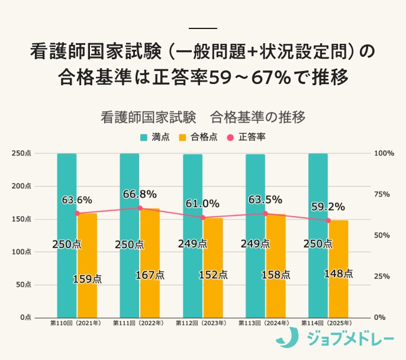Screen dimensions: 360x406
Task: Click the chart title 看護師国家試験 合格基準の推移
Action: click(202, 117)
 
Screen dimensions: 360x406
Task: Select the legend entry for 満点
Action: click(155, 137)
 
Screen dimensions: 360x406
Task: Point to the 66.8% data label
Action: click(140, 194)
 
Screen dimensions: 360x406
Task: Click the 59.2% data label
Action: click(328, 207)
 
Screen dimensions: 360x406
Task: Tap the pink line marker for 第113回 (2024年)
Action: click(265, 214)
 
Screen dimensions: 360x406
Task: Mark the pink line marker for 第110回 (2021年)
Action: click(77, 214)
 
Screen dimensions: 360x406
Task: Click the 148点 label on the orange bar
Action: click(339, 274)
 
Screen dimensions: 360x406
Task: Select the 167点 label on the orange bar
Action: click(150, 275)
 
